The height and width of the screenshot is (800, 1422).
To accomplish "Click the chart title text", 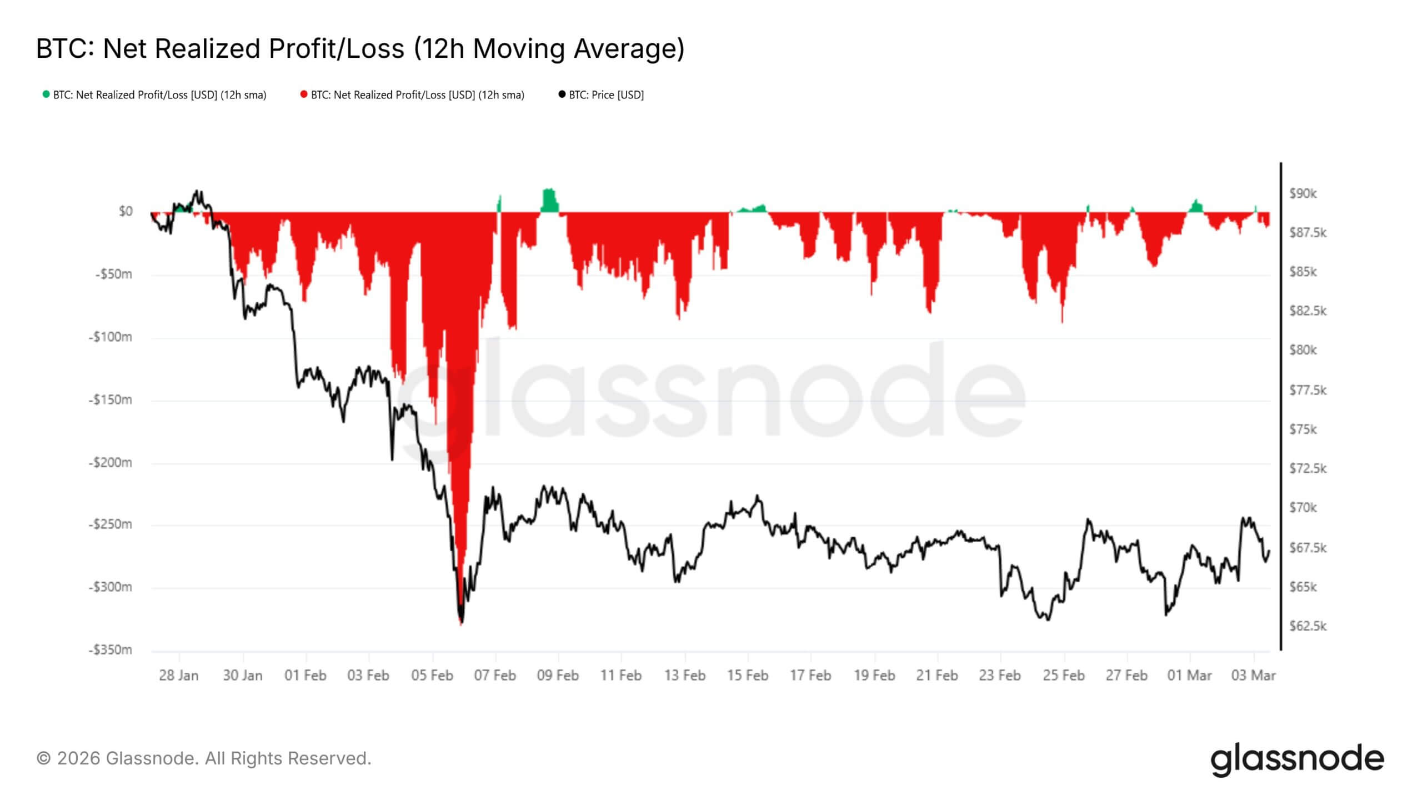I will pos(360,48).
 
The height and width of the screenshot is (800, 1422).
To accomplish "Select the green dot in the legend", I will pos(46,94).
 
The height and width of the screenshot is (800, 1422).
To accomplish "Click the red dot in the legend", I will pos(304,94).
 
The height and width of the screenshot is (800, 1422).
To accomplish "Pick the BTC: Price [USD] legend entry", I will pos(601,95).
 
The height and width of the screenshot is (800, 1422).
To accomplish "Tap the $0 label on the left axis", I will pos(126,211).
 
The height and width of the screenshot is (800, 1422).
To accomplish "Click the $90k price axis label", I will pos(1303,193).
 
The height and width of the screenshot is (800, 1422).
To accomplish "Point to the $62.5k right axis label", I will pos(1308,626).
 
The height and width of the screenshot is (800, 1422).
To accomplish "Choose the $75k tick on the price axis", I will pos(1303,429).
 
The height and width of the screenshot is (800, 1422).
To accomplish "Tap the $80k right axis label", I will pos(1303,350).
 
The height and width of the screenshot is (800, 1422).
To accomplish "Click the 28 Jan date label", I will pos(178,675).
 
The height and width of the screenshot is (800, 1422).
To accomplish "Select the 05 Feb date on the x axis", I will pos(432,675).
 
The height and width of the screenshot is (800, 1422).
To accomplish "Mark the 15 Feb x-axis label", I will pos(748,675).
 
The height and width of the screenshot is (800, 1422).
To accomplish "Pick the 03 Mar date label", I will pos(1254,675).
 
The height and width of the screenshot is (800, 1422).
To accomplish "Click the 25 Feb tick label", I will pos(1064,675).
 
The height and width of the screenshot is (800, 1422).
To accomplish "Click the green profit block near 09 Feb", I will pos(549,201).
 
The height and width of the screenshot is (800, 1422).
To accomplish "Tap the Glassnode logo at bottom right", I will pos(1297,759).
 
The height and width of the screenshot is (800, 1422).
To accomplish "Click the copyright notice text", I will pos(203,758).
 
